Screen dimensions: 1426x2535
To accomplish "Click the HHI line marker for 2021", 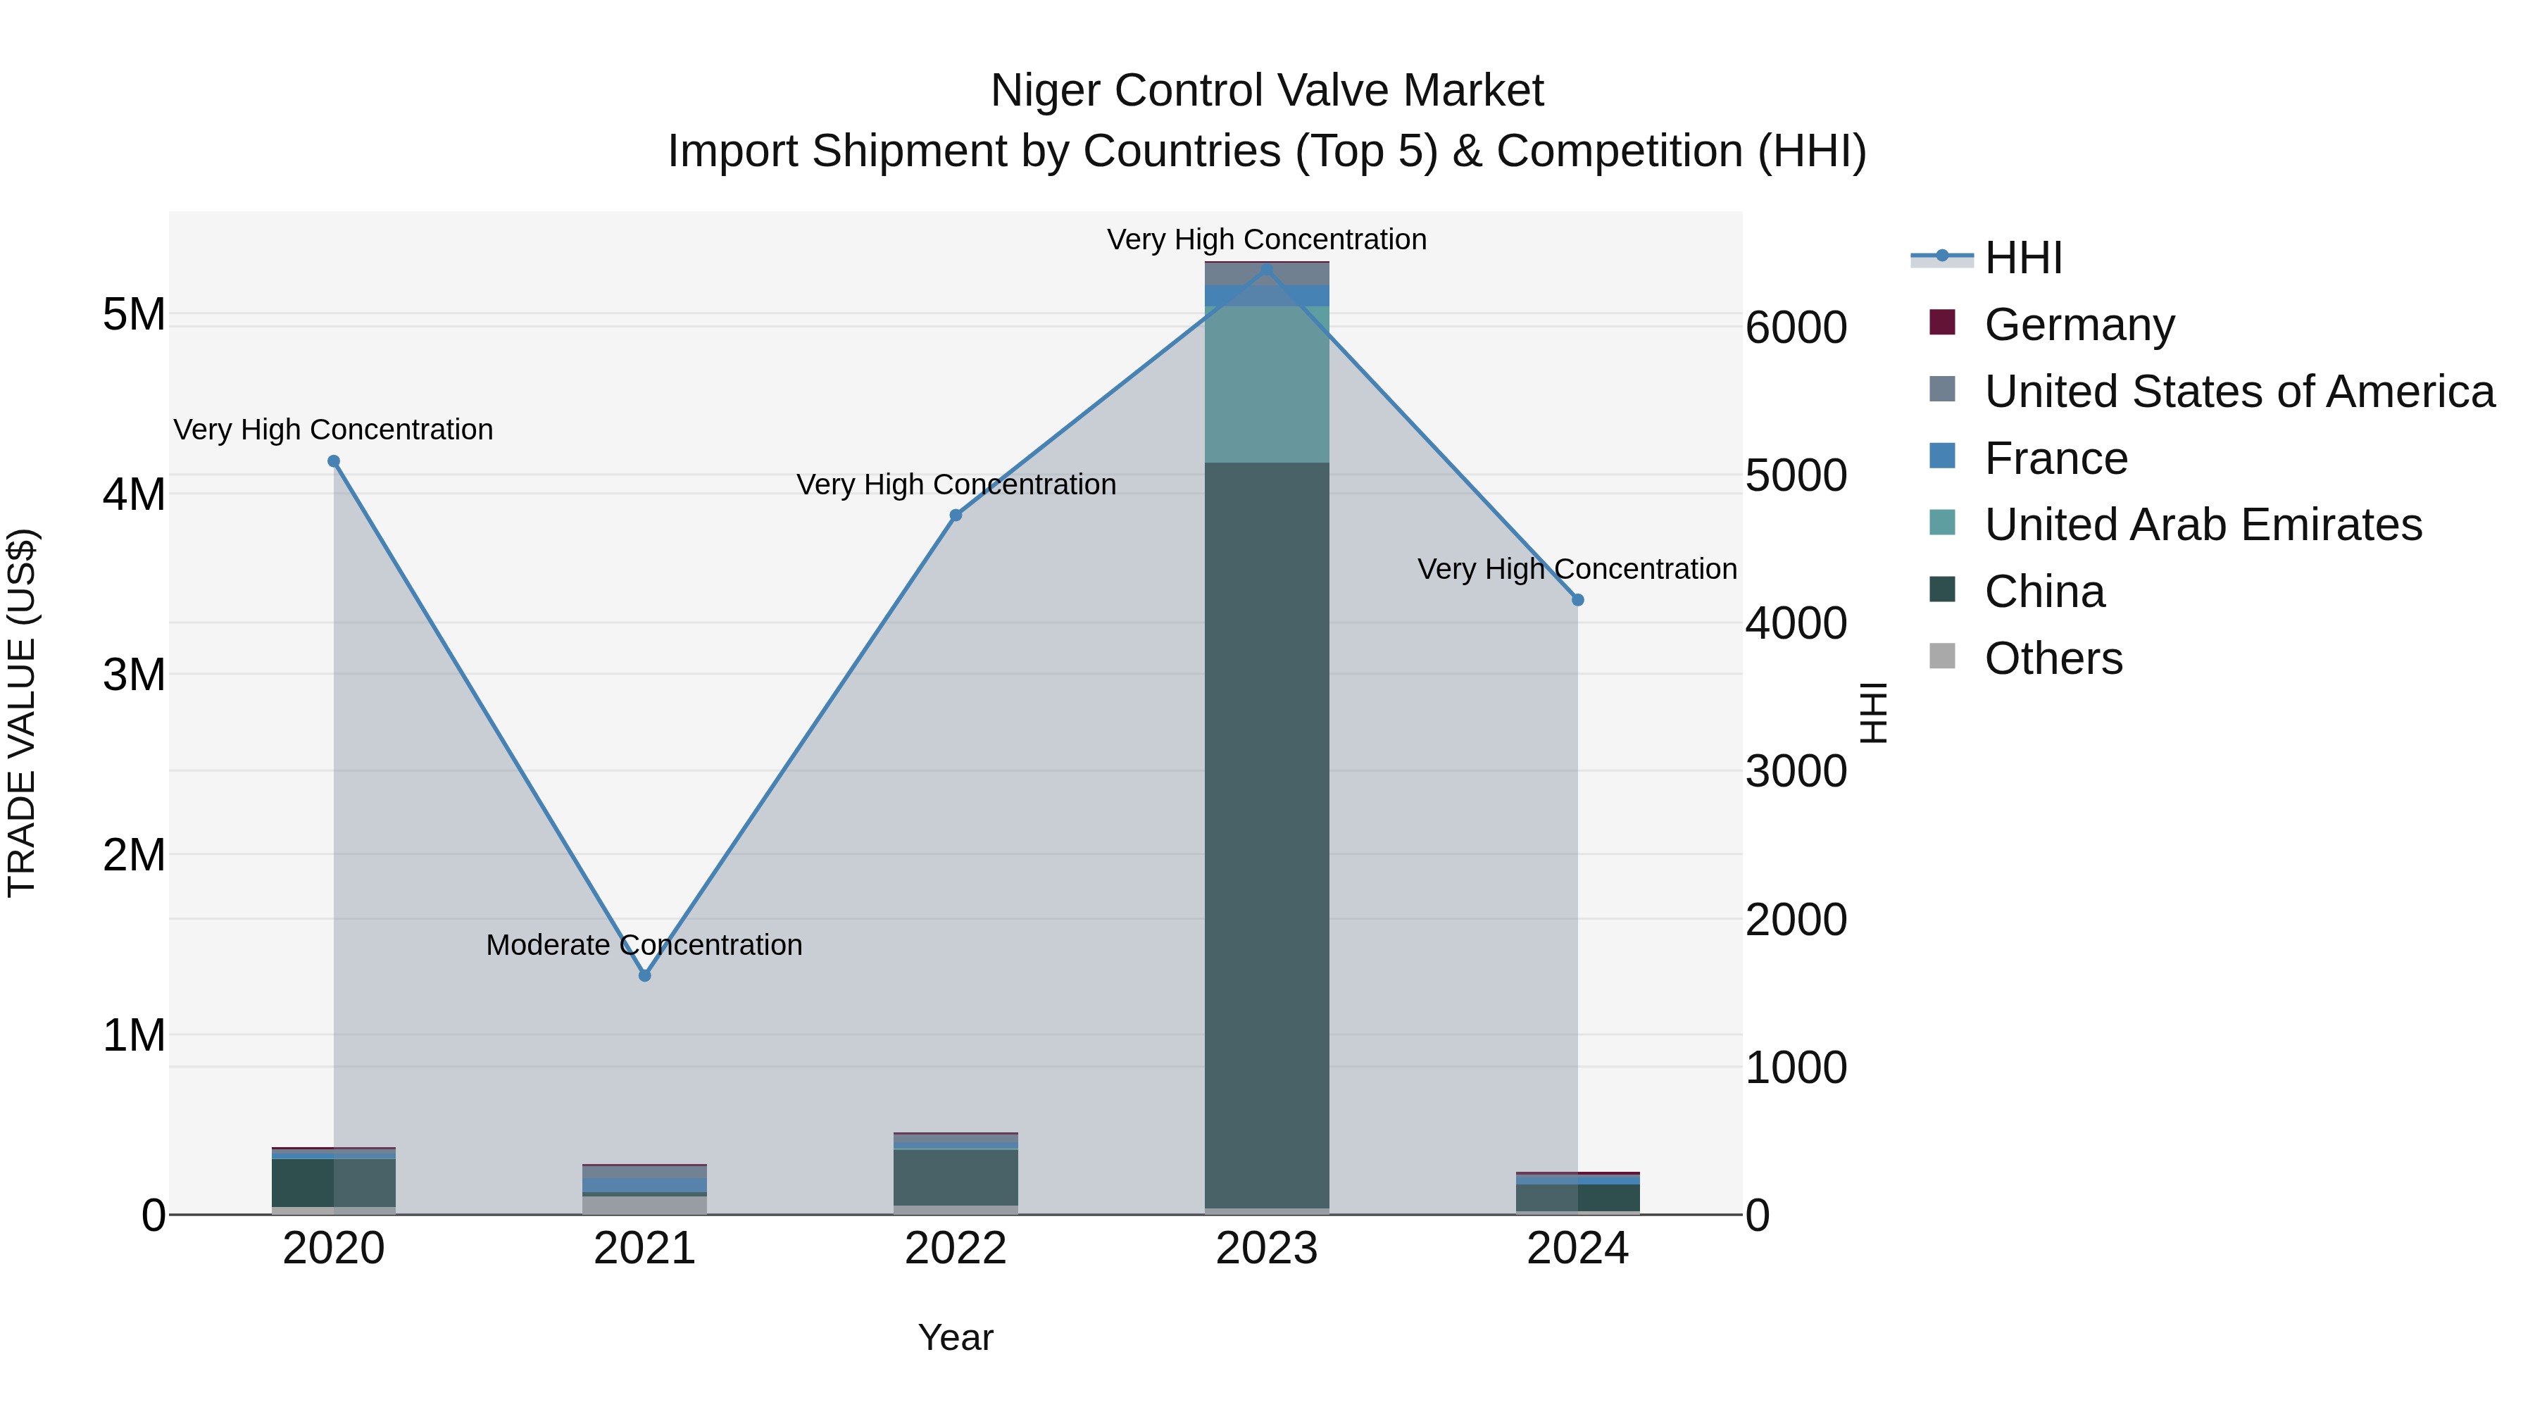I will (x=644, y=975).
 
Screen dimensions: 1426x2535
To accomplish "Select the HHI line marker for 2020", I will (x=334, y=461).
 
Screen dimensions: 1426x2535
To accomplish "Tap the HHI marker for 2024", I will (x=1577, y=599).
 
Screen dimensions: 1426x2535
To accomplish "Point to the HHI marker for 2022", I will (x=956, y=515).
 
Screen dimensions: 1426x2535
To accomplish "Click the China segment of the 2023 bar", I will (x=1267, y=837).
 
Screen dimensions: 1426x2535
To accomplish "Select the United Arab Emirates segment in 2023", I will (x=1267, y=384).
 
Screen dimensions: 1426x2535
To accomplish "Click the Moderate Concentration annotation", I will (x=644, y=945).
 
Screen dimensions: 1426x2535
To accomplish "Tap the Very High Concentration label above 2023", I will (x=1267, y=239).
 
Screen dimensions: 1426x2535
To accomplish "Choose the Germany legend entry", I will (x=2079, y=325).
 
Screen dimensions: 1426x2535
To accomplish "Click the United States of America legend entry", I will (x=2239, y=392).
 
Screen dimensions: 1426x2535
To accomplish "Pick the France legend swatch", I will (x=1943, y=456).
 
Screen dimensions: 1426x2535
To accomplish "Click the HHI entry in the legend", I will (x=2022, y=258).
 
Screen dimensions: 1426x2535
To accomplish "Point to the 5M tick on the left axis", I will (x=134, y=315).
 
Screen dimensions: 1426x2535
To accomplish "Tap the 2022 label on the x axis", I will (x=956, y=1249).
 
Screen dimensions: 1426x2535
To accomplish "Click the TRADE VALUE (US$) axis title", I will (x=22, y=713).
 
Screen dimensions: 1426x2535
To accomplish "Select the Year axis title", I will (x=956, y=1337).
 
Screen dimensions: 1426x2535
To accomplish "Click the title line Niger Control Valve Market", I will (x=1267, y=91).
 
